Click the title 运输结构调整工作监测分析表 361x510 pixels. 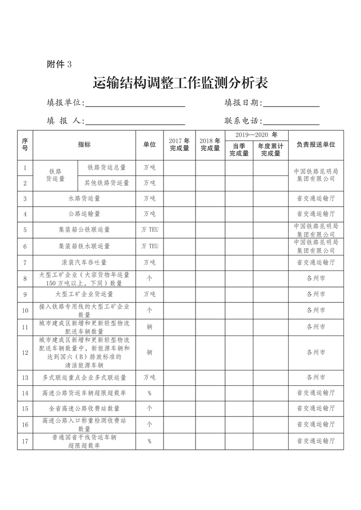(x=180, y=83)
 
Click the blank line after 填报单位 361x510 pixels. (x=135, y=104)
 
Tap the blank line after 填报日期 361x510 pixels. (x=291, y=104)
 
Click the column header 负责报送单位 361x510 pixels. (x=316, y=144)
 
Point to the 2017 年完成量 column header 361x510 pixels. (x=179, y=144)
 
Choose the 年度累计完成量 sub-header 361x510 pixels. (x=270, y=149)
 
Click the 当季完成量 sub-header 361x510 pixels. (x=239, y=149)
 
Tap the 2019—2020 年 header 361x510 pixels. (x=256, y=135)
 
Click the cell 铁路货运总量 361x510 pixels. (x=106, y=167)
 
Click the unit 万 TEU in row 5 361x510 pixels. (x=149, y=230)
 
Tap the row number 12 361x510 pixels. (x=25, y=352)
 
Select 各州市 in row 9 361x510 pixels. (x=316, y=294)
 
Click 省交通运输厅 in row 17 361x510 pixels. (x=316, y=441)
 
